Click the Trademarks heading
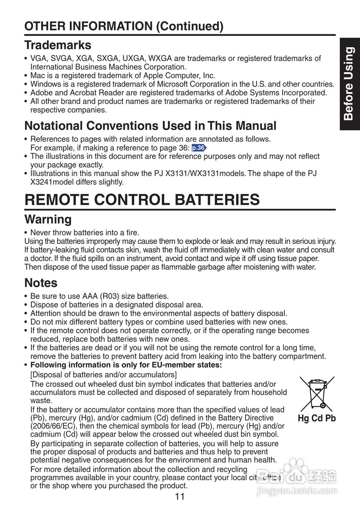(57, 45)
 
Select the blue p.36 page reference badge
(199, 148)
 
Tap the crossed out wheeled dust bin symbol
(316, 394)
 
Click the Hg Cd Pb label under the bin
(316, 418)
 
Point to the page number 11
(180, 497)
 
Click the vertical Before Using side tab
(349, 83)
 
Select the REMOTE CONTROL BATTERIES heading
(142, 199)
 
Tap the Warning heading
(48, 219)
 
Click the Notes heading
(41, 283)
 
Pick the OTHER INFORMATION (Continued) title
(124, 26)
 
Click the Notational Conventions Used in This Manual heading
(150, 126)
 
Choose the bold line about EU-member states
(126, 365)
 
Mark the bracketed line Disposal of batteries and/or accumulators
(103, 374)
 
